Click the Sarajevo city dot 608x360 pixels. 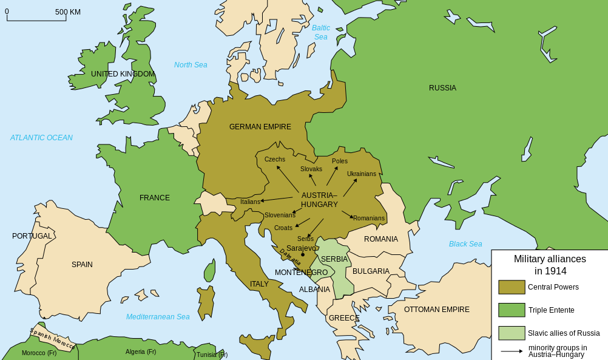coord(302,255)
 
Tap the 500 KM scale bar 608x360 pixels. coord(36,20)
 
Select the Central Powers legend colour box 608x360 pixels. coord(512,287)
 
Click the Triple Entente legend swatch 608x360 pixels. coord(512,310)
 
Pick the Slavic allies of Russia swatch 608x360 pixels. coord(512,333)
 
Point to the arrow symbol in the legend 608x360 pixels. coord(512,351)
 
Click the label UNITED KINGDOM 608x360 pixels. coord(123,74)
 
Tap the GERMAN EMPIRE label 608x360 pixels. coord(260,127)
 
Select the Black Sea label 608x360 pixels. coord(465,244)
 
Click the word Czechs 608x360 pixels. coord(274,159)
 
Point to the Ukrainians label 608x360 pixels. coord(361,174)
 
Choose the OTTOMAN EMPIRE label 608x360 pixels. coord(436,310)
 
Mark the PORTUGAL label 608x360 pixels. coord(32,236)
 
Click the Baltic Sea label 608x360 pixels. coord(320,32)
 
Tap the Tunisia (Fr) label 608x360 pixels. coord(212,355)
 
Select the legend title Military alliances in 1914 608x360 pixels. coord(550,265)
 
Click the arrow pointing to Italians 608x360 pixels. coord(277,199)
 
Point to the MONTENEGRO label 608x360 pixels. coord(301,273)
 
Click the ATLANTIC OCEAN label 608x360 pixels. coord(41,138)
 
